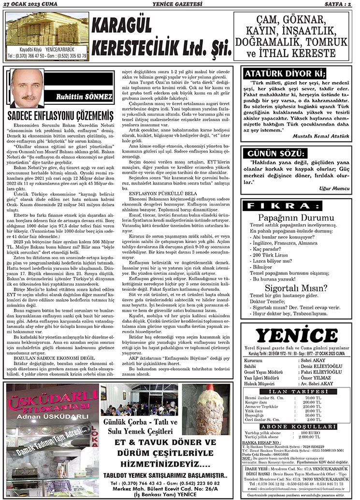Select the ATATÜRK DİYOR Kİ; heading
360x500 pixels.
coord(284,73)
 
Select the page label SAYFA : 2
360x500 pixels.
coord(341,4)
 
